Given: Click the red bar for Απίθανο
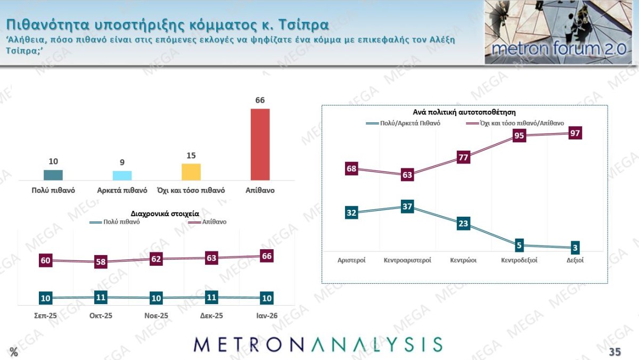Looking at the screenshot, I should point(260,144).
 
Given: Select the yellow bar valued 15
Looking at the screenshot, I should point(191,172).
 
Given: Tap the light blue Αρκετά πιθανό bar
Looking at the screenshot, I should point(122,176).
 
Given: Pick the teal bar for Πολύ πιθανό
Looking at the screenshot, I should point(53,175).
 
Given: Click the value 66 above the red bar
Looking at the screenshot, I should point(260,100).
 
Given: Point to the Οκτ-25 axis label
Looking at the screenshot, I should point(100,316).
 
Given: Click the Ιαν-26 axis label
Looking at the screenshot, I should point(267,316).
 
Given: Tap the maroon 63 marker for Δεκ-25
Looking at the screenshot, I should point(212,258).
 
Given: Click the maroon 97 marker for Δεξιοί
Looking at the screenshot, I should point(575,133).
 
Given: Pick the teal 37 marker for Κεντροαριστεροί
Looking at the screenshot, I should point(407,207).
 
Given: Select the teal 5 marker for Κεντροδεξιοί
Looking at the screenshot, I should point(519,246).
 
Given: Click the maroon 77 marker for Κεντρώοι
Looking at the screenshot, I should point(463,157).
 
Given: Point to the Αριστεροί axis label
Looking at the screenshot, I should point(351,260).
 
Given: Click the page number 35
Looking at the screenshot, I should point(615,351).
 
